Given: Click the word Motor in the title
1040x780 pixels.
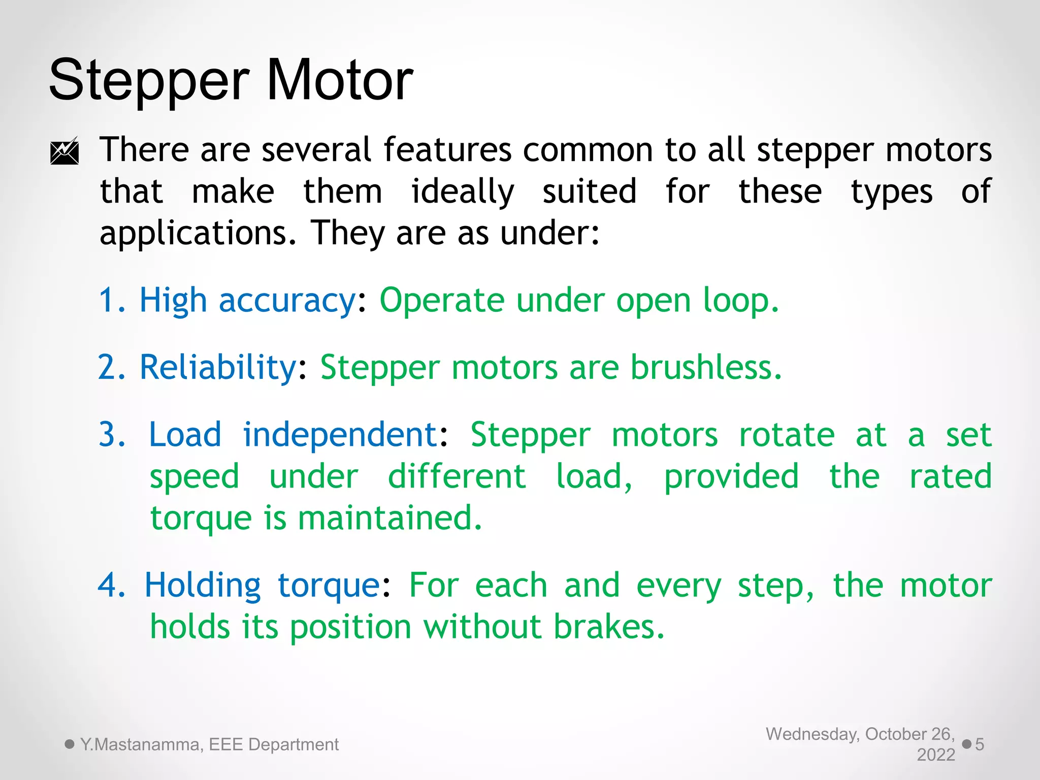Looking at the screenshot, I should tap(339, 80).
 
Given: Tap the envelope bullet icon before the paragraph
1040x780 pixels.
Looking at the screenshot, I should tap(64, 151).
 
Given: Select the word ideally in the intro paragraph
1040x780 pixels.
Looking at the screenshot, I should tap(463, 192).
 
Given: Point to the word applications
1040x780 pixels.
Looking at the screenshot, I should tap(198, 234).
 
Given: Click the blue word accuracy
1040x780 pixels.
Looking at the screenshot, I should tap(287, 301).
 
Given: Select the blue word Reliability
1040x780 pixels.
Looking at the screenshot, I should tap(218, 367).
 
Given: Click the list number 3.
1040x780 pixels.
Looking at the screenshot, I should tap(111, 435).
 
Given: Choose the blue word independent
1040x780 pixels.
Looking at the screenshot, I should tap(340, 435).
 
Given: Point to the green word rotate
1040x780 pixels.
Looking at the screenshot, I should tap(787, 435).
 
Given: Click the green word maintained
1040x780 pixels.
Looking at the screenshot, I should tap(389, 518).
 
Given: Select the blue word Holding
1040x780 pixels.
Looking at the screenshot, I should tap(203, 586).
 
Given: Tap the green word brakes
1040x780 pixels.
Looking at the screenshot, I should tap(608, 627).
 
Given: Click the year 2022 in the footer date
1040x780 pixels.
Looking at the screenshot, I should tap(936, 755).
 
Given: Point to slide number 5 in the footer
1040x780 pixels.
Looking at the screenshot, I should tap(980, 744).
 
